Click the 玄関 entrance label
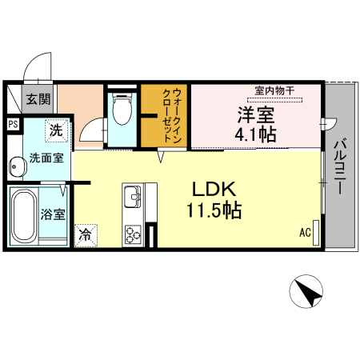(37, 100)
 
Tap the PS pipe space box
(13, 124)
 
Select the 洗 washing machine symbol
(56, 128)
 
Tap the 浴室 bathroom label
(54, 214)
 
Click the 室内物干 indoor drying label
(274, 90)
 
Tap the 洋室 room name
(255, 113)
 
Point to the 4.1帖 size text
(255, 134)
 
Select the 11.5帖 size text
(211, 211)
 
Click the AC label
(305, 233)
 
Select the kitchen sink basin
(131, 195)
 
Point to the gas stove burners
(132, 234)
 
